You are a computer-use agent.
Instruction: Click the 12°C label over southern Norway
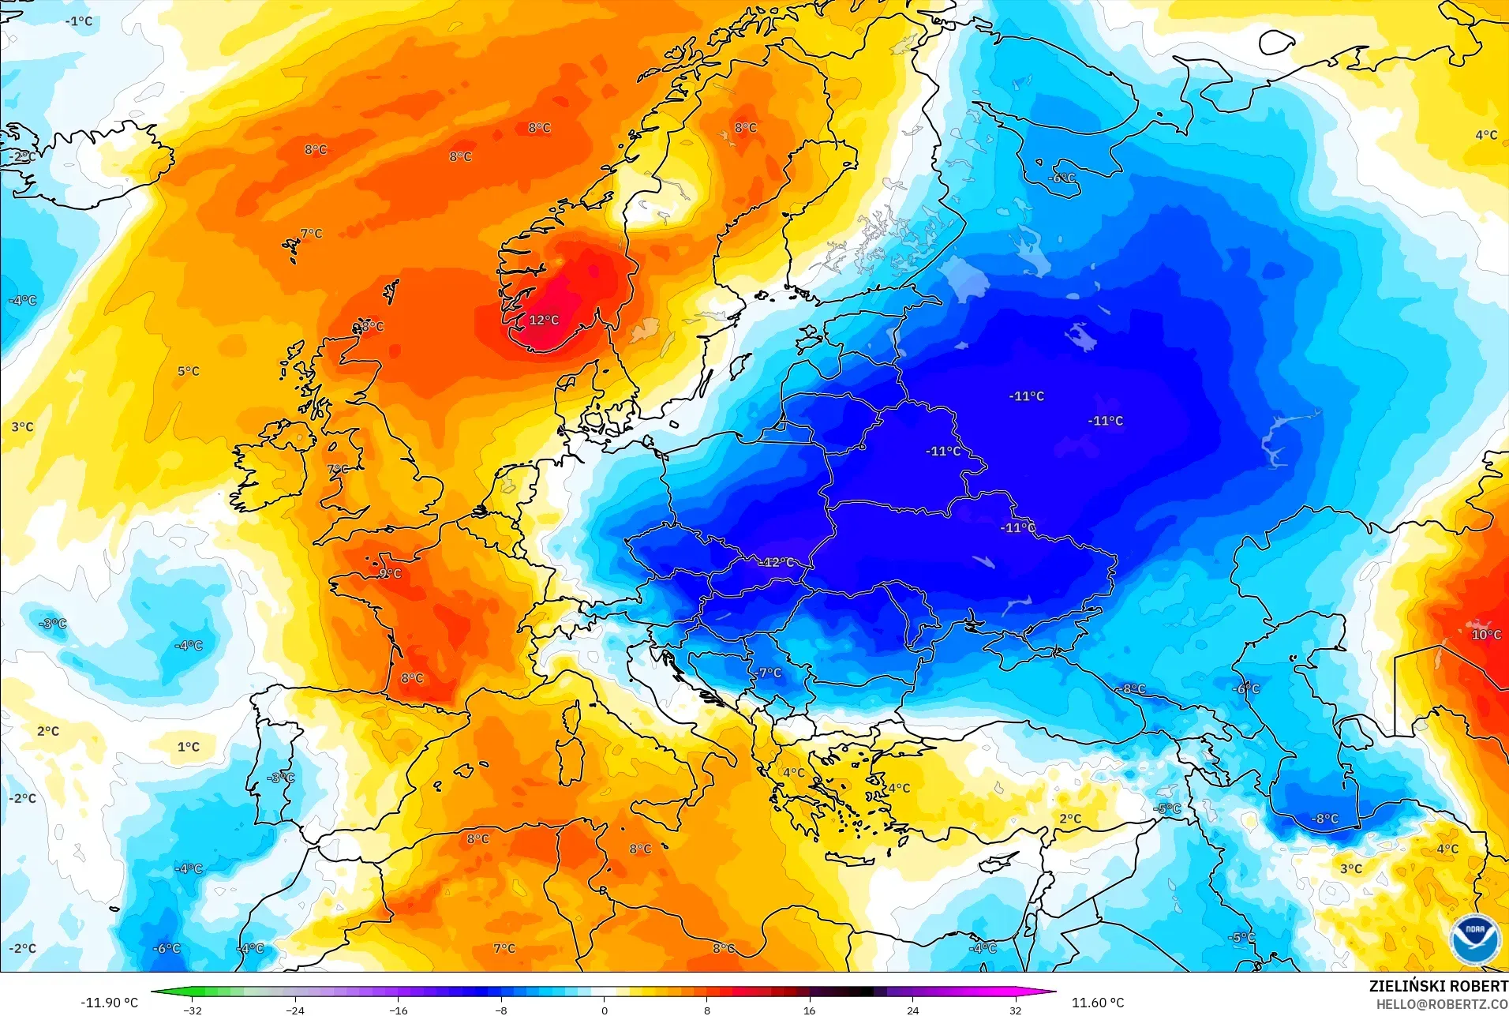pos(544,320)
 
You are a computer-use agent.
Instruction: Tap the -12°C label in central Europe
pos(778,562)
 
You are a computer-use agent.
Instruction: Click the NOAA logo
pos(1474,939)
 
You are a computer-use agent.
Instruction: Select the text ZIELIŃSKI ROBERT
pos(1438,986)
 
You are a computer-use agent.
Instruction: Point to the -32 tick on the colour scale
pos(193,1010)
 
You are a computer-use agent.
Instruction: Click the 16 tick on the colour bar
pos(809,1010)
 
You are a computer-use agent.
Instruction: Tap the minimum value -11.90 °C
pos(109,1003)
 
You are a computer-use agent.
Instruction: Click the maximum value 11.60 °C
pos(1097,1003)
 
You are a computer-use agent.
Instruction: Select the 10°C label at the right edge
pos(1486,635)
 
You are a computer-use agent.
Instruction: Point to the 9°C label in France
pos(390,573)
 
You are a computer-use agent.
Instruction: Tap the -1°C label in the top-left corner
pos(80,21)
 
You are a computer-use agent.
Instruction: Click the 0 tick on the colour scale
pos(605,1010)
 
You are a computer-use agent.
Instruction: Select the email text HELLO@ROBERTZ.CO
pos(1442,1004)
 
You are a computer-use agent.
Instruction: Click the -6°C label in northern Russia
pos(1062,178)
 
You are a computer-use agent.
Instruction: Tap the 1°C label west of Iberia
pos(188,746)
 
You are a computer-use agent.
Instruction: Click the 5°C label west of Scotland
pos(188,371)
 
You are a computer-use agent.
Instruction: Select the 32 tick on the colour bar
pos(1015,1010)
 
